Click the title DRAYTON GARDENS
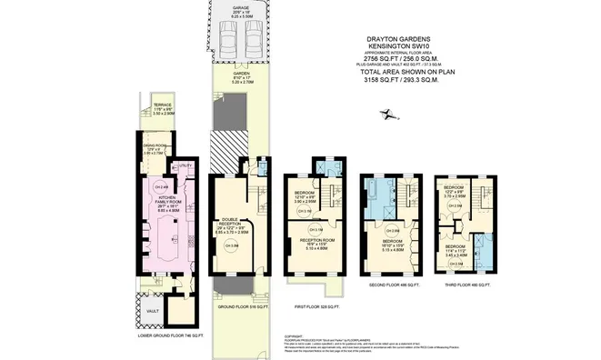[398, 39]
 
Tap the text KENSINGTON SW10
[398, 47]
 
